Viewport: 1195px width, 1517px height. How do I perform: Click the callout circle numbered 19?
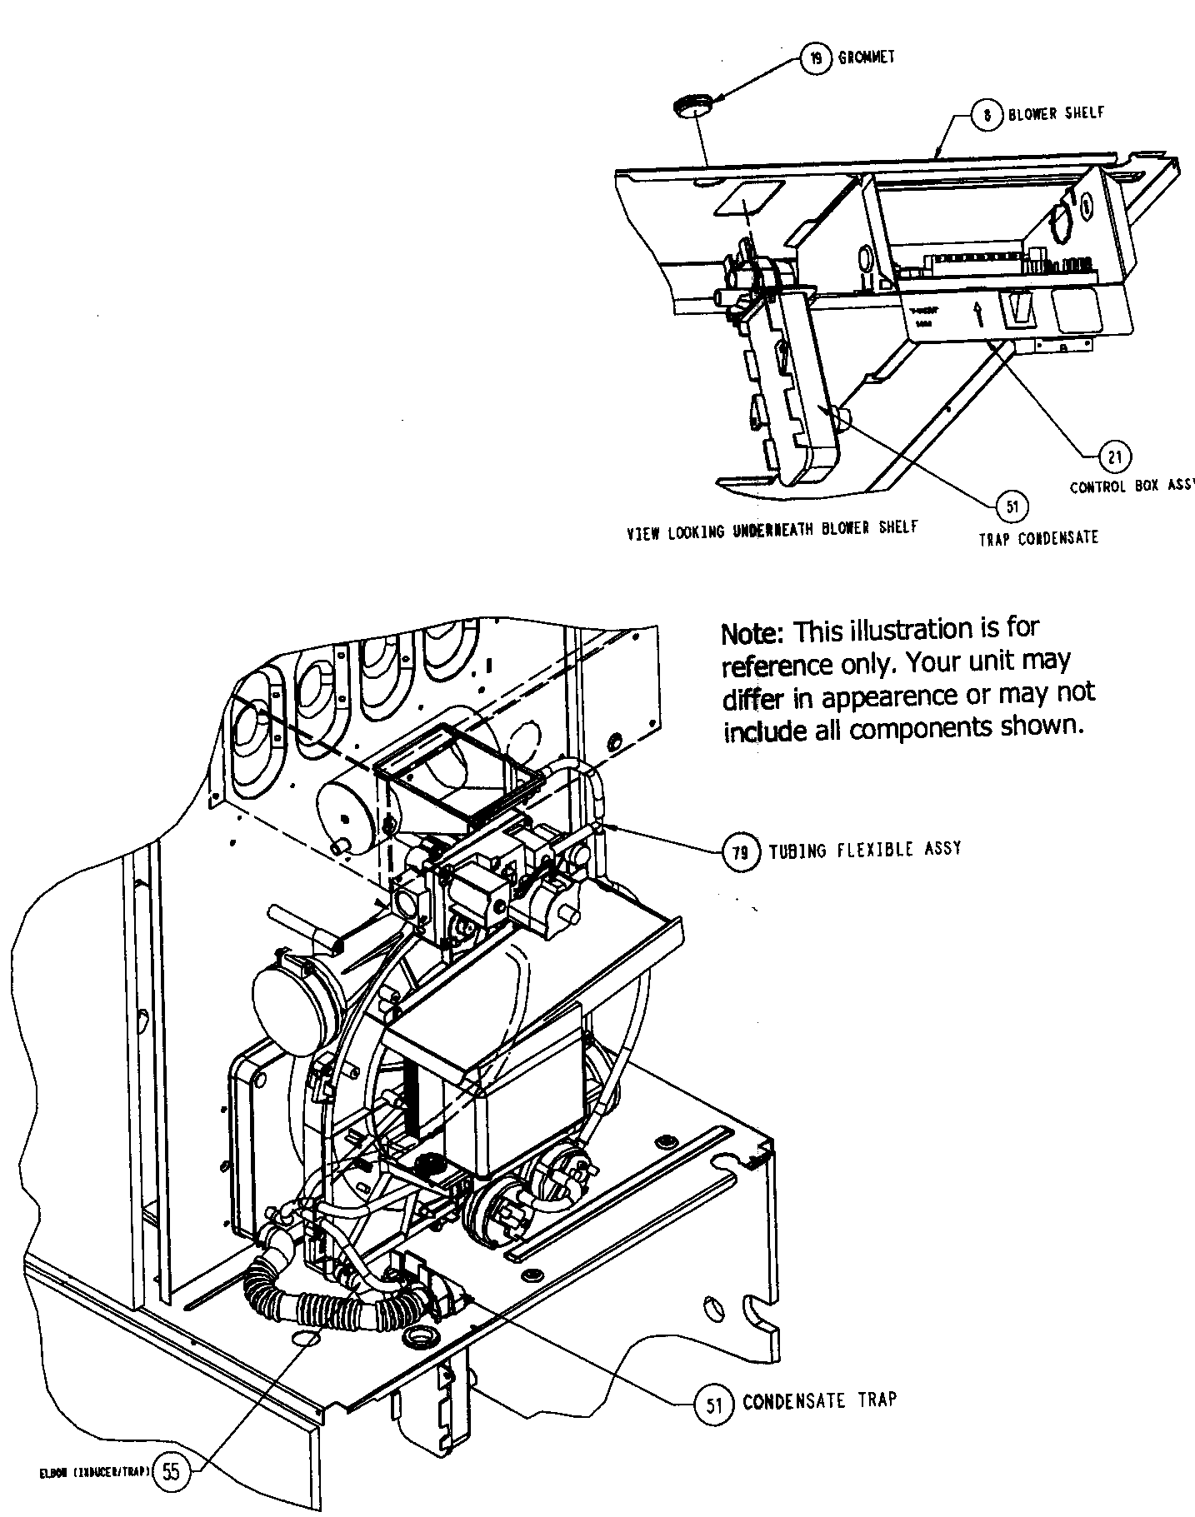pyautogui.click(x=816, y=59)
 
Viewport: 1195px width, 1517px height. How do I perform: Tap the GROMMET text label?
pyautogui.click(x=867, y=57)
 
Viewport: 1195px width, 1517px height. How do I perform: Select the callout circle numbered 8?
pyautogui.click(x=987, y=116)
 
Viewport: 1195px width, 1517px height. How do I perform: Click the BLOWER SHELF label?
pyautogui.click(x=1056, y=113)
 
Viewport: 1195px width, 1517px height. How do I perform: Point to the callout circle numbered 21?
pyautogui.click(x=1116, y=456)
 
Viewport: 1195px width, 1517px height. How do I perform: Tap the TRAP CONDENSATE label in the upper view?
pyautogui.click(x=1037, y=538)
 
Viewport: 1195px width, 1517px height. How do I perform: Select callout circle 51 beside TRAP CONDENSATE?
pyautogui.click(x=1012, y=506)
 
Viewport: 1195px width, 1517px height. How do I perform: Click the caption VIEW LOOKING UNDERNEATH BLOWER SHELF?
pyautogui.click(x=772, y=529)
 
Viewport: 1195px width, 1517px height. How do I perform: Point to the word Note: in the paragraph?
pyautogui.click(x=752, y=633)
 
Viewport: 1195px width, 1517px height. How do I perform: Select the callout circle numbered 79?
pyautogui.click(x=741, y=851)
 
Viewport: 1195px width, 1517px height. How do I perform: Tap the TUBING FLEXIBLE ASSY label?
pyautogui.click(x=865, y=850)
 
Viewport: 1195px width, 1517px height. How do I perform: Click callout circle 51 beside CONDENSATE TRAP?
pyautogui.click(x=713, y=1405)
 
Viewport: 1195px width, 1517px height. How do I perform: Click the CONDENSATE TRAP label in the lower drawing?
pyautogui.click(x=819, y=1400)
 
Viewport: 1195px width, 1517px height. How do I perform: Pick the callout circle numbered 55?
pyautogui.click(x=171, y=1471)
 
